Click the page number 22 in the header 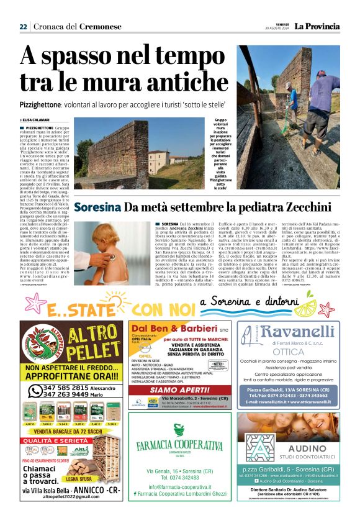[23, 27]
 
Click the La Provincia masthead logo [317, 26]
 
